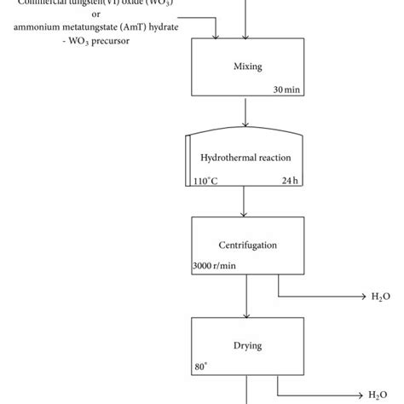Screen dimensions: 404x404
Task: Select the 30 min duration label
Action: (x=287, y=89)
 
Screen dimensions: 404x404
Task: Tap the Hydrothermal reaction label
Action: (x=245, y=159)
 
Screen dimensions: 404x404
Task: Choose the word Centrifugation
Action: (x=246, y=245)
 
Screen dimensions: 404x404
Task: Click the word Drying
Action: (x=246, y=345)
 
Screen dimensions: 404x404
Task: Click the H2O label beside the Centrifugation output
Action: (x=381, y=296)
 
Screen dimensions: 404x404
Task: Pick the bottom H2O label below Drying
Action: (x=381, y=395)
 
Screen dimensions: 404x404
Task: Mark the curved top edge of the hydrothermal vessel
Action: (x=246, y=133)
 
